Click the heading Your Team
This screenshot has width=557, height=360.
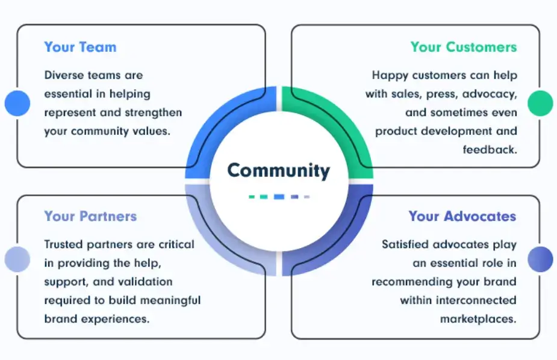80,47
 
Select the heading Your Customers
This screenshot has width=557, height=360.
463,47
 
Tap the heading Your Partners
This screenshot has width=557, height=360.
90,216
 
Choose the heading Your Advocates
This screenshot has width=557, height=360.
462,216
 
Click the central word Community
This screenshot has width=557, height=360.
278,170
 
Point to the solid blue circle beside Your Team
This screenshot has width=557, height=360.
17,103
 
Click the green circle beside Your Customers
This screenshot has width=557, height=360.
540,103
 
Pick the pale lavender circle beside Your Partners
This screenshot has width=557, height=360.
17,259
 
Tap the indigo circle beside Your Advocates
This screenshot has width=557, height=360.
540,259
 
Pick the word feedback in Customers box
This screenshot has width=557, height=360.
490,149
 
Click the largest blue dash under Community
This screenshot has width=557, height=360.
279,196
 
